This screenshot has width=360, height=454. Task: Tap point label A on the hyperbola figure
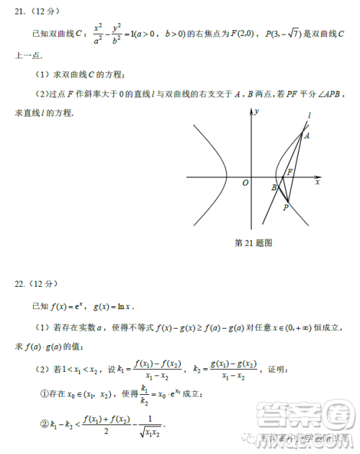click(307, 135)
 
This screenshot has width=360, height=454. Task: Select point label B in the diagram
click(274, 187)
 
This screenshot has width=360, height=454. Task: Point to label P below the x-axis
click(286, 208)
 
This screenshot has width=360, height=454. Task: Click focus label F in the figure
click(289, 172)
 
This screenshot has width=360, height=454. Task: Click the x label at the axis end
click(317, 182)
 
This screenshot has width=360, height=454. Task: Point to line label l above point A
click(309, 115)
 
